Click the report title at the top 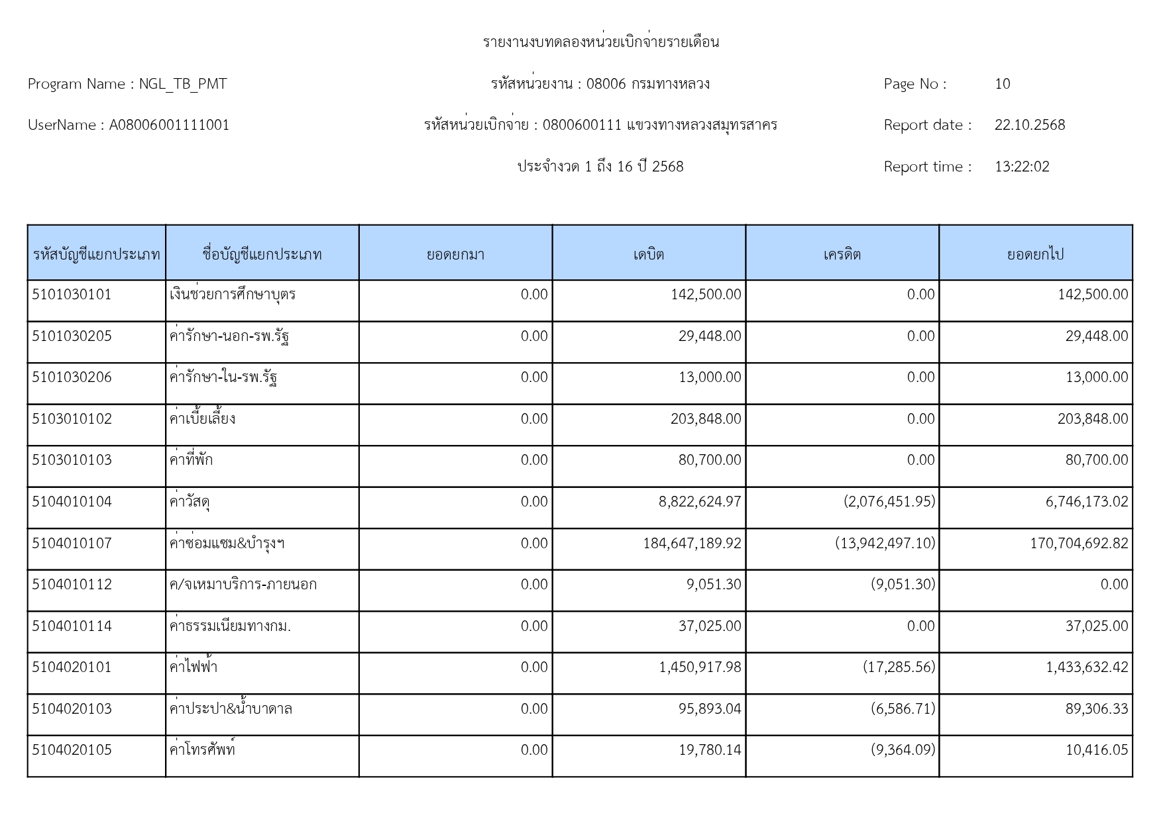point(600,42)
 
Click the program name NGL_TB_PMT point(183,84)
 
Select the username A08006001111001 point(169,125)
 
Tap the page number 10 point(1002,84)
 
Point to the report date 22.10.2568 point(1029,125)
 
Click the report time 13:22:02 point(1022,167)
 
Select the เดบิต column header point(648,254)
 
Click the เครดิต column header point(842,254)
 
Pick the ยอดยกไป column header point(1035,254)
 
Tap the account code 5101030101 point(72,295)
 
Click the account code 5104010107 point(72,544)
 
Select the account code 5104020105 point(72,750)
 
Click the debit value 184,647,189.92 point(692,544)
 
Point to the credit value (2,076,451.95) point(889,502)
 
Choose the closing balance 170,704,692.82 point(1079,544)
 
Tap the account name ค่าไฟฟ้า point(194,667)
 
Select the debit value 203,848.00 point(706,419)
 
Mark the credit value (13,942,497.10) point(885,544)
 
